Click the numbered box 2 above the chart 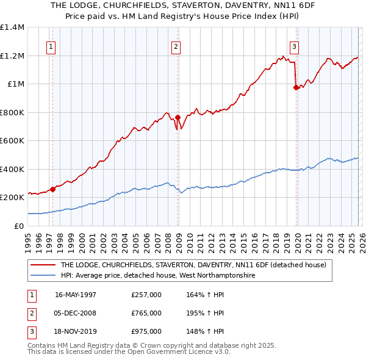(176, 46)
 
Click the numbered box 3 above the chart (294, 46)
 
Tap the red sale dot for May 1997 (53, 189)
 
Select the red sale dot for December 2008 (178, 117)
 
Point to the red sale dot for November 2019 (296, 87)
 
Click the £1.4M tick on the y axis (12, 27)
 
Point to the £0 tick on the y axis (19, 226)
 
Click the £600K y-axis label (12, 141)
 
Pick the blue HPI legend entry (159, 276)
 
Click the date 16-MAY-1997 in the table (76, 295)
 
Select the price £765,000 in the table (146, 313)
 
